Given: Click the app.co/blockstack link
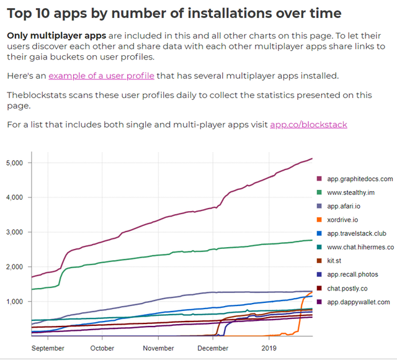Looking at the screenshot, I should click(308, 125).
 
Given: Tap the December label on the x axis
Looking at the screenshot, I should click(213, 348).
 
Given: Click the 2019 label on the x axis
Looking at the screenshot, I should click(269, 348).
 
